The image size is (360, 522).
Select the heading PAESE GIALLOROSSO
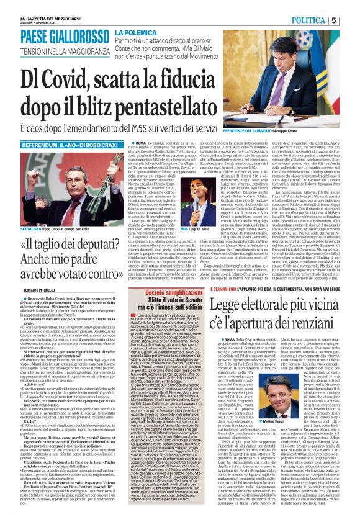pos(56,36)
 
